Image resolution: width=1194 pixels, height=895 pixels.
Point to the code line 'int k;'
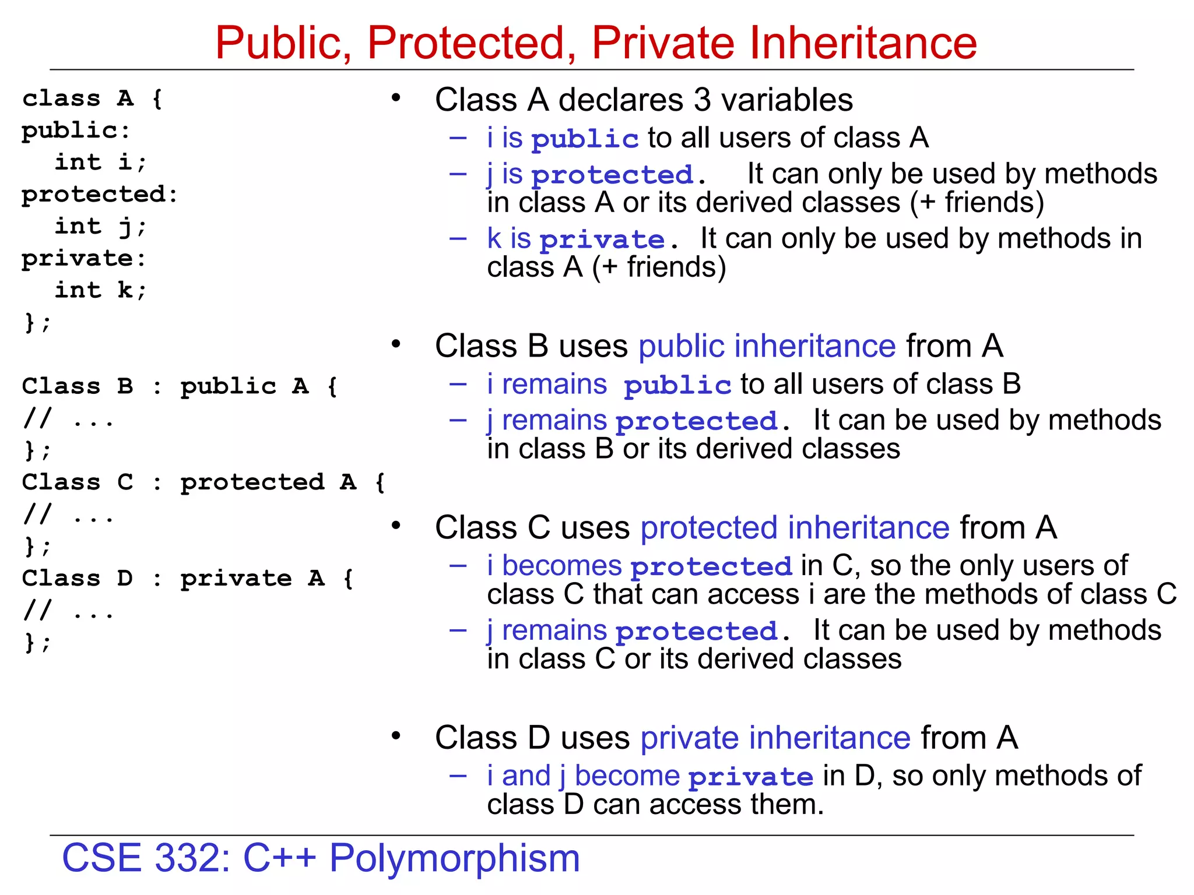(100, 290)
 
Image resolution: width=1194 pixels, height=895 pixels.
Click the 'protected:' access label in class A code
(99, 195)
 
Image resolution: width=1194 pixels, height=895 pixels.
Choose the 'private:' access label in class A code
(83, 259)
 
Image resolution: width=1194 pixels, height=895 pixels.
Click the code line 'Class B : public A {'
(180, 386)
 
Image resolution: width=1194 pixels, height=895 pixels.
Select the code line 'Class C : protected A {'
(203, 482)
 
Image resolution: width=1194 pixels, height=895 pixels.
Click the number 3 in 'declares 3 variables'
(703, 100)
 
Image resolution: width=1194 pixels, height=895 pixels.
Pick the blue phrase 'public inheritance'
(767, 346)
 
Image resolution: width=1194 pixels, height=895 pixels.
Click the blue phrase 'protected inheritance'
(795, 527)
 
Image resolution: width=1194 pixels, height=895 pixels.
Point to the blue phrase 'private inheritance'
(775, 738)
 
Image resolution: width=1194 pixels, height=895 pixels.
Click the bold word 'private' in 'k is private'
(602, 239)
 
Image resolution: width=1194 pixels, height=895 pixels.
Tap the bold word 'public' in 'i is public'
(585, 139)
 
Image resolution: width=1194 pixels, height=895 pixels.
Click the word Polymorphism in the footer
(455, 858)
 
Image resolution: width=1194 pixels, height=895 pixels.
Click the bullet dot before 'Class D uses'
(396, 736)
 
